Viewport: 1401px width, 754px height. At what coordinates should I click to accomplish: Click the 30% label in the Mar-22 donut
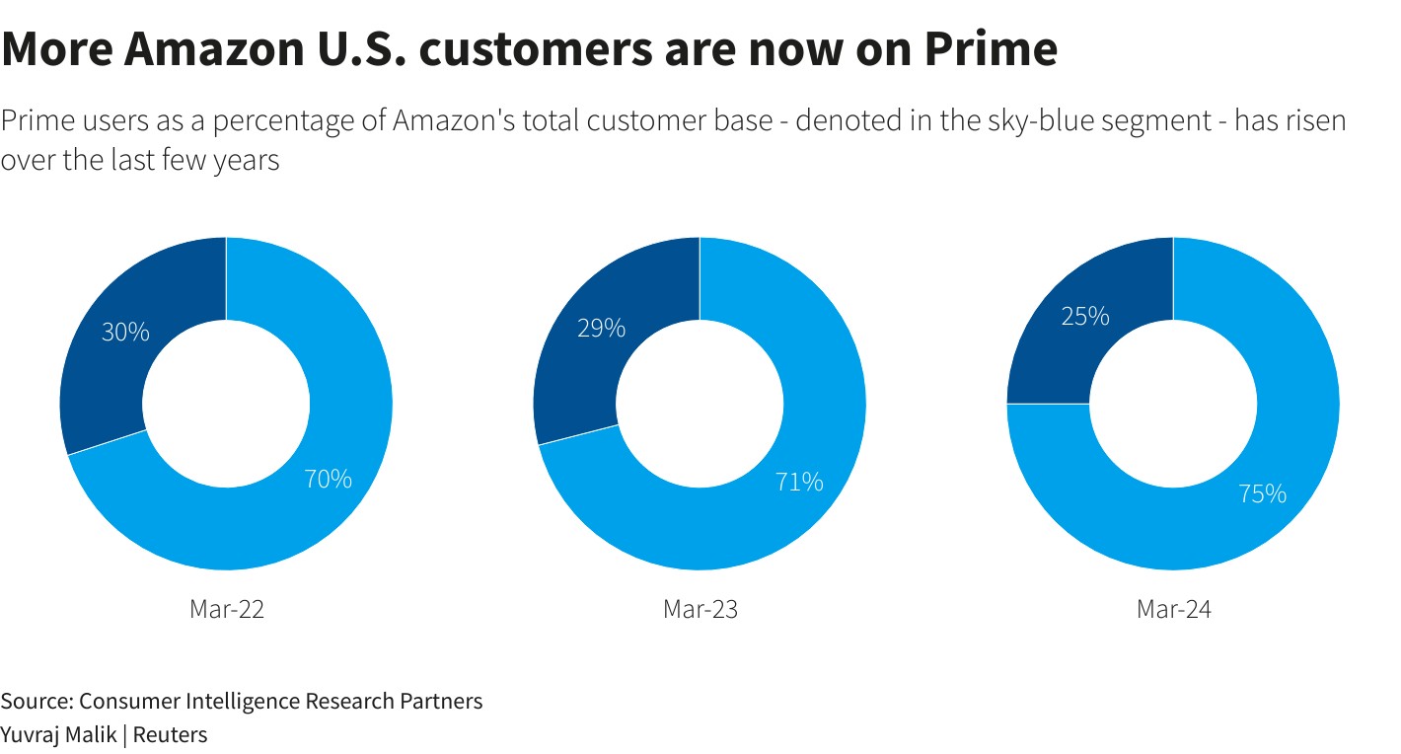125,333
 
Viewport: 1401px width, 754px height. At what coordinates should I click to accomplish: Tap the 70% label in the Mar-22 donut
328,479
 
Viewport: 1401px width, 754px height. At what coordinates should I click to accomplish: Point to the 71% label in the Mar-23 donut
799,482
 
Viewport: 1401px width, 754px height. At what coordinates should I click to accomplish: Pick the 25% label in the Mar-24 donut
1085,317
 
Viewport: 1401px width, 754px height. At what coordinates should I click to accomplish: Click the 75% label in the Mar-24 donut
1263,493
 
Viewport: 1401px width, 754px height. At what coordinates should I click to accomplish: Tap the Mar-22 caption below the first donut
227,609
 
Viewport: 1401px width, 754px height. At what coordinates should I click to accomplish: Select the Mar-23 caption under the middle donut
700,609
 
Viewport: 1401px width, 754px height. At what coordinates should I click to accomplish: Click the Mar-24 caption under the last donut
1174,609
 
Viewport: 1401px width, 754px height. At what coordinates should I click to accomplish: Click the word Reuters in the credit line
171,735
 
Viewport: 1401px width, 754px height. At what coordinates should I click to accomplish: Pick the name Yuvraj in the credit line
30,735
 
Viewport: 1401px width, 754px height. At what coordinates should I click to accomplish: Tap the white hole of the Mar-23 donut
700,404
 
